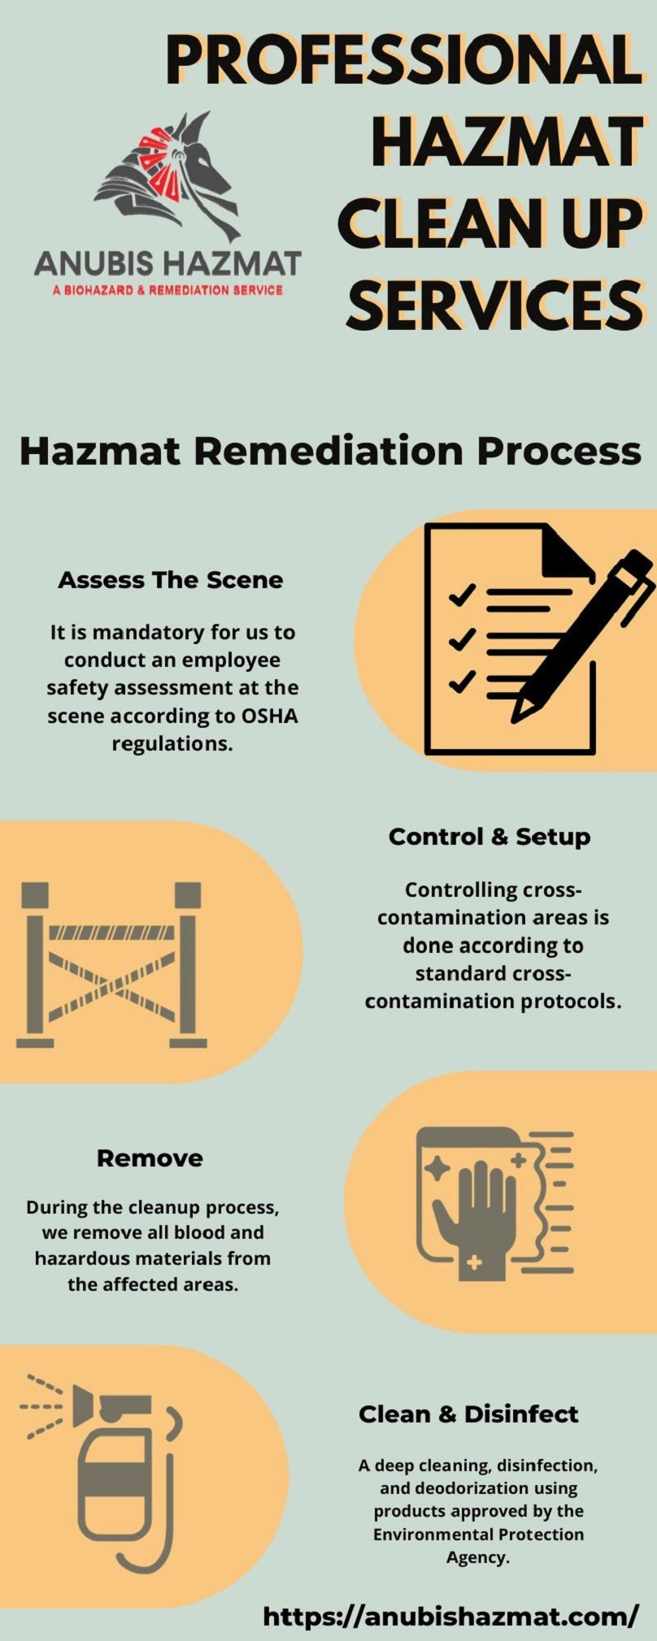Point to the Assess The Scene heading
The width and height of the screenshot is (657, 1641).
171,580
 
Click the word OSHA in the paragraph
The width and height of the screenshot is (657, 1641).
271,716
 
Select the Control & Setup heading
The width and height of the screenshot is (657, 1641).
489,837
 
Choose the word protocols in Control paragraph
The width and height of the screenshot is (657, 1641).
571,1002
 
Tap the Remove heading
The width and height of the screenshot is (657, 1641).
150,1158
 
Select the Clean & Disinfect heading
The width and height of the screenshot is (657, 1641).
468,1414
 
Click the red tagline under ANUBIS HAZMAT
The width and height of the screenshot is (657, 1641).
168,290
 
